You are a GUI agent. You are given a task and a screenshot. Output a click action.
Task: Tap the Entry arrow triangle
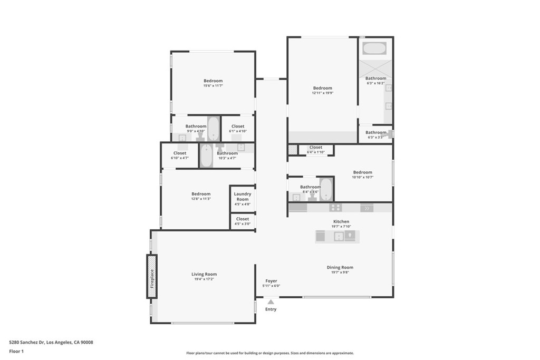271,302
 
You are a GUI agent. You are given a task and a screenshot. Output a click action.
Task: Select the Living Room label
204,274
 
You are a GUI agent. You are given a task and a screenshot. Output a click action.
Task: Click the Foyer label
271,281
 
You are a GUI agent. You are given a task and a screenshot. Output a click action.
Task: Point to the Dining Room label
340,267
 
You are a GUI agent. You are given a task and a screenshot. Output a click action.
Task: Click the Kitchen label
341,221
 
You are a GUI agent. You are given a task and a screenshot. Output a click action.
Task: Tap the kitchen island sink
339,237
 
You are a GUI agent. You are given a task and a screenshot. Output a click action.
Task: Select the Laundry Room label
243,197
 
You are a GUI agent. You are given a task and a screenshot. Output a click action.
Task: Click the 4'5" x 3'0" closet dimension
243,223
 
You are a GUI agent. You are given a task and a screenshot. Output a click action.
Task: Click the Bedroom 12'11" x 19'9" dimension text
322,93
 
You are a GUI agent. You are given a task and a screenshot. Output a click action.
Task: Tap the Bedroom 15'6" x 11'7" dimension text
213,85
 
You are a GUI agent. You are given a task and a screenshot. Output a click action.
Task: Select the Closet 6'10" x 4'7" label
180,153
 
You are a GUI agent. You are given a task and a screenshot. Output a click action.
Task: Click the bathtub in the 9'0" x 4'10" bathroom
214,128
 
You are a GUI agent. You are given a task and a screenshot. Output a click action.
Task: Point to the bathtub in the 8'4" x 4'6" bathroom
326,189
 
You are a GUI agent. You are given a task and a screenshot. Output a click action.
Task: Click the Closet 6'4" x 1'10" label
315,148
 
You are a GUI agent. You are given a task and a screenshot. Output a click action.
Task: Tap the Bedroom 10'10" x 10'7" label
362,172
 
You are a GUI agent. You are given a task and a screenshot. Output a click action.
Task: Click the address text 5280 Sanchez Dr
51,342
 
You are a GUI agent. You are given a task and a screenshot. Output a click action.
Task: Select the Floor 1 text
17,351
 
